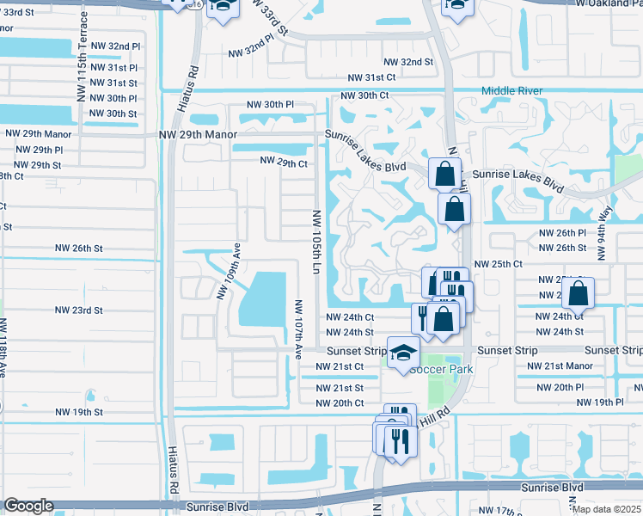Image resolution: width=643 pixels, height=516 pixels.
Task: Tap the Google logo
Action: click(28, 506)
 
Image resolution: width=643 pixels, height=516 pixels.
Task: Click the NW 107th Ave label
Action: click(298, 329)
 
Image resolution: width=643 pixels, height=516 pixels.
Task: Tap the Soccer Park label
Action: click(440, 369)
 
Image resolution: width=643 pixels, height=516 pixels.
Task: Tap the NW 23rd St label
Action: click(78, 310)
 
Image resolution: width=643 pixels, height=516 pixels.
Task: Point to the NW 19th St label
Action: click(77, 412)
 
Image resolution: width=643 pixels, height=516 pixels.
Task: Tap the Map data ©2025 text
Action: click(607, 509)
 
